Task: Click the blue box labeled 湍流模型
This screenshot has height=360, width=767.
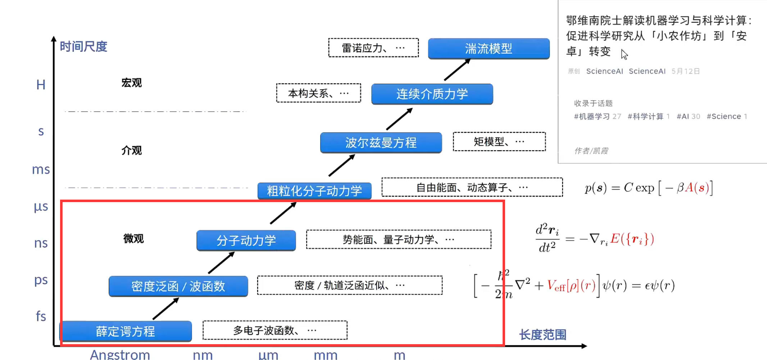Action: [x=489, y=49]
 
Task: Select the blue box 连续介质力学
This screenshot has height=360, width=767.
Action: [x=432, y=94]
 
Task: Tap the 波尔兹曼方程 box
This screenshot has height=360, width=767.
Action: [x=381, y=143]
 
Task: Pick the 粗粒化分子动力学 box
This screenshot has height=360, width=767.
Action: [x=314, y=191]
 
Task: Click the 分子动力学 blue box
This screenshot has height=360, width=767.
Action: [x=246, y=240]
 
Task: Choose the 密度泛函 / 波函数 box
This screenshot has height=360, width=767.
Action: [x=178, y=286]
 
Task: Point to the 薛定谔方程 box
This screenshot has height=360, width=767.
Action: [x=126, y=331]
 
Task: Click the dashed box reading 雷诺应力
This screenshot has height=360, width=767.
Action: [x=373, y=48]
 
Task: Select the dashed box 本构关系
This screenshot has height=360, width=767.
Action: [x=318, y=93]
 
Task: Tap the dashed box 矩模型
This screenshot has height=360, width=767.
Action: [x=499, y=142]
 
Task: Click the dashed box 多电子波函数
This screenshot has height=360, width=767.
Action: [x=275, y=330]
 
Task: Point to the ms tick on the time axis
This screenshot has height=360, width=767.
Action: [x=41, y=169]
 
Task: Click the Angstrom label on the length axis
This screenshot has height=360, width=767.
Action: [x=120, y=355]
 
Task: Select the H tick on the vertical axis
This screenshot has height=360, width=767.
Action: [x=41, y=85]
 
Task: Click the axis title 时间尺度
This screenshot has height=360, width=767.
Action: [x=83, y=46]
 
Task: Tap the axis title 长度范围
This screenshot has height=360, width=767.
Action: [x=543, y=335]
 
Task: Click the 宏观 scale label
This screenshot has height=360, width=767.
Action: [x=131, y=83]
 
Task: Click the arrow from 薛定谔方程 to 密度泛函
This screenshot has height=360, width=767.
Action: [x=165, y=309]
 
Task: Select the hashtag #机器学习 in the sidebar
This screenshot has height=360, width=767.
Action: [x=592, y=117]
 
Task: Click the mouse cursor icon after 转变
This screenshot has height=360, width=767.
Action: [x=624, y=54]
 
